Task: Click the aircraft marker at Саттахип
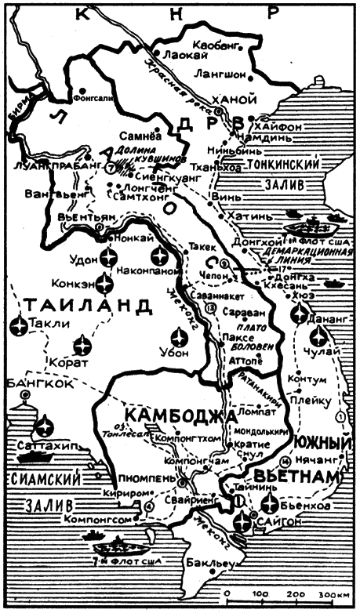[44, 427]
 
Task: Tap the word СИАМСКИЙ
[32, 478]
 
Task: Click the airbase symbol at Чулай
[318, 338]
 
